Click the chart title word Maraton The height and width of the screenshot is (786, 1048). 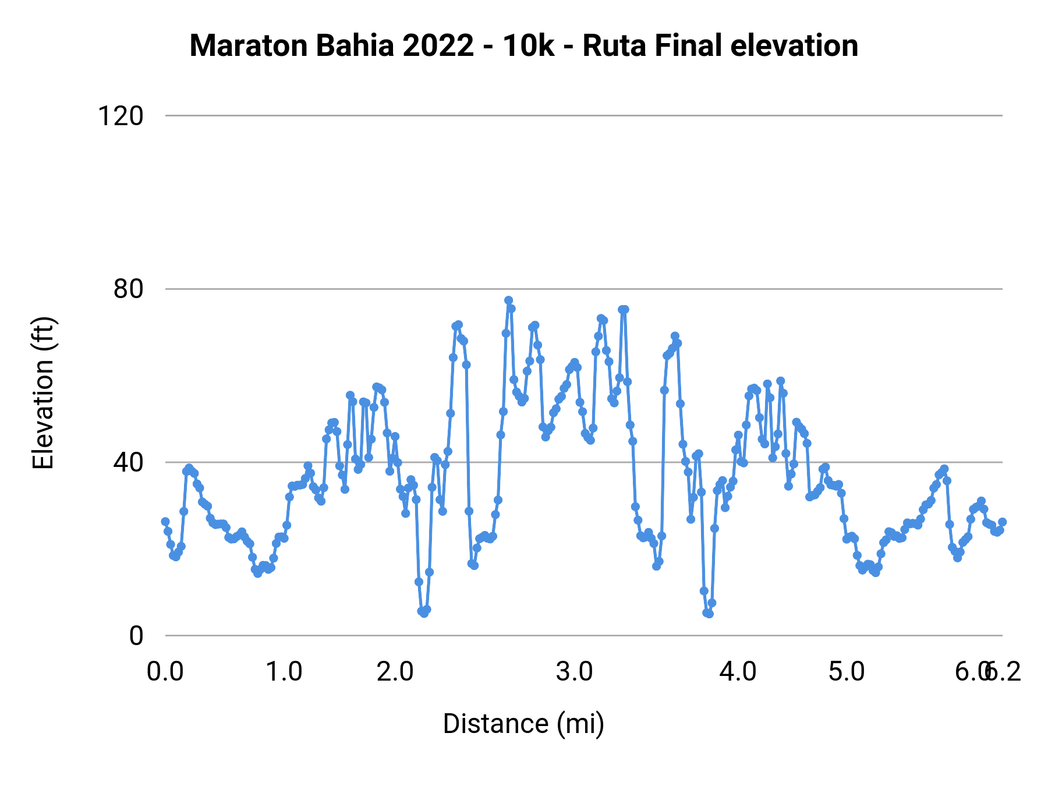click(249, 46)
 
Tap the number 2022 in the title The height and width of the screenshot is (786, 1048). click(438, 46)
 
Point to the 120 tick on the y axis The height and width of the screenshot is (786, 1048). click(121, 116)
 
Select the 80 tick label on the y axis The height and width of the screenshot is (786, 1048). click(128, 289)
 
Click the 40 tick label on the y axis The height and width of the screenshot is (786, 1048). click(128, 462)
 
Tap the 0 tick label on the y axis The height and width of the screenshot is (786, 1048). click(136, 636)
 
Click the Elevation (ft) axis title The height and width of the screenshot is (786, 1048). click(43, 393)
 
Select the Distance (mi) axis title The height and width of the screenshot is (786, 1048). click(523, 724)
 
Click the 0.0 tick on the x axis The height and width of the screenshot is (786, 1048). click(165, 672)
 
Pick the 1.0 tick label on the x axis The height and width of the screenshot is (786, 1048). click(284, 672)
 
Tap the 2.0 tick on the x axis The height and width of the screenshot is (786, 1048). click(395, 672)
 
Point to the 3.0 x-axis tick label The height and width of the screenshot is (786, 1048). click(574, 672)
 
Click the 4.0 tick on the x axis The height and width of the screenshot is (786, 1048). click(738, 672)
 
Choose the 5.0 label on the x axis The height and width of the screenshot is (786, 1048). click(847, 672)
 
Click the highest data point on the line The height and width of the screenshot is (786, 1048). click(508, 300)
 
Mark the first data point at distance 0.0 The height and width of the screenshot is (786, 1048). click(165, 522)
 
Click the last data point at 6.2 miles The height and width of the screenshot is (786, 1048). click(1002, 522)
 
